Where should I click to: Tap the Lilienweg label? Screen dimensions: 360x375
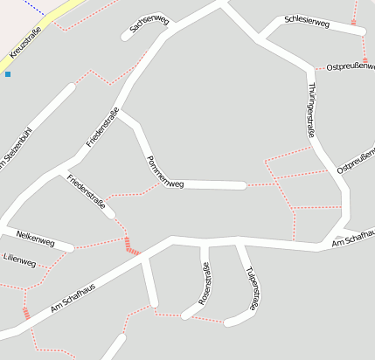pyautogui.click(x=19, y=260)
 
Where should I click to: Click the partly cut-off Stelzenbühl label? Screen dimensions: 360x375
pyautogui.click(x=17, y=149)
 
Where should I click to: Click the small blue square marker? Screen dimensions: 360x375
pyautogui.click(x=8, y=74)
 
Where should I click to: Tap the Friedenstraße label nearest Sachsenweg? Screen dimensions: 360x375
pyautogui.click(x=103, y=126)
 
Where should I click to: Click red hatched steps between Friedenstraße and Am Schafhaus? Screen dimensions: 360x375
pyautogui.click(x=132, y=246)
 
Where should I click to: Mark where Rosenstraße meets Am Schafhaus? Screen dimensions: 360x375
pyautogui.click(x=205, y=241)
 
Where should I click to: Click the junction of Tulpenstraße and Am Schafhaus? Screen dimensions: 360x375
pyautogui.click(x=238, y=242)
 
